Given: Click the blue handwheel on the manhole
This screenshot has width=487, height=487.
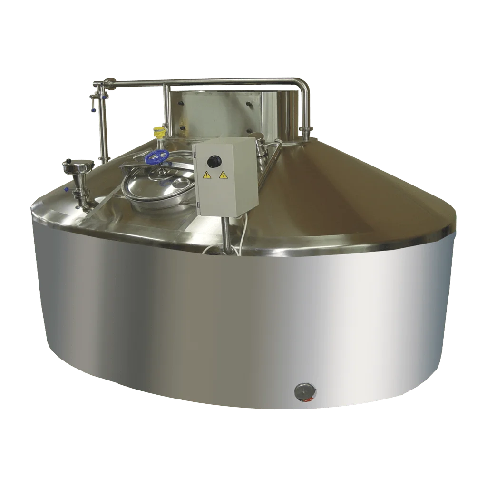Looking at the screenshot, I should point(157,156).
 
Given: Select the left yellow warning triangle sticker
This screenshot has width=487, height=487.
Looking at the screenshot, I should point(207,175).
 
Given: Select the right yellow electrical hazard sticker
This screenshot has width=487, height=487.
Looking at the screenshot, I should point(223,175).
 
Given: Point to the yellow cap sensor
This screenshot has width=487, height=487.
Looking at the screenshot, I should point(159,130).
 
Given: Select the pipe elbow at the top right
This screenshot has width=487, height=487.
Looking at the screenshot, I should point(302,86).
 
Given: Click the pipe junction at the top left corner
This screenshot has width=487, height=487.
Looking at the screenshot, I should point(101,86).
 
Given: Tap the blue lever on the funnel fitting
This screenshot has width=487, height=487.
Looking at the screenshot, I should point(67,189).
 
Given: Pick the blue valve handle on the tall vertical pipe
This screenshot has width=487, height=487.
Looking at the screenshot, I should point(94,110).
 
